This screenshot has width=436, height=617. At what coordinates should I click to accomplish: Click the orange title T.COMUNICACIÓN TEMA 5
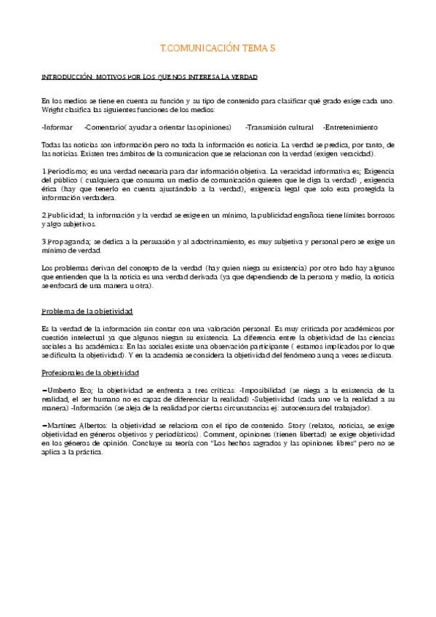point(218,48)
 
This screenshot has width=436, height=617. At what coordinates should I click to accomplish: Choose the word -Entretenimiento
point(351,127)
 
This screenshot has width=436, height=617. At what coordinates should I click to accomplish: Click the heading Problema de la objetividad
point(87,311)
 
